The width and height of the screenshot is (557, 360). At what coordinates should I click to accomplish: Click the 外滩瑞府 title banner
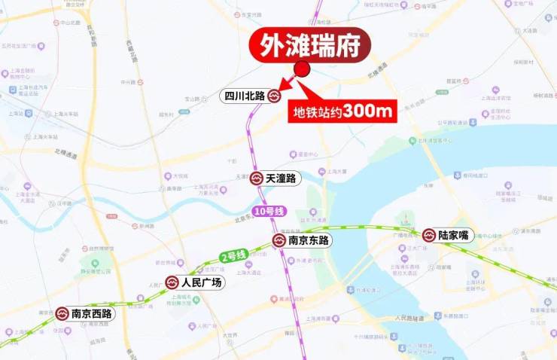click(311, 46)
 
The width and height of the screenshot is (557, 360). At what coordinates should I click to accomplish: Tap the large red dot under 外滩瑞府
click(303, 69)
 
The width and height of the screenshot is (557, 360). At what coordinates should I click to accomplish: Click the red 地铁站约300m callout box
click(343, 111)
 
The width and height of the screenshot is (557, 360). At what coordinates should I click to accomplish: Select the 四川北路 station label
click(245, 96)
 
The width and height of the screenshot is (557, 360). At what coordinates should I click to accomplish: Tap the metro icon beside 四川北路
click(274, 96)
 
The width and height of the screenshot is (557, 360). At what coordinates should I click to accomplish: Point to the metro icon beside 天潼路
click(257, 178)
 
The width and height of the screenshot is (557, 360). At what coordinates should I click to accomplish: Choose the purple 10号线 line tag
click(269, 212)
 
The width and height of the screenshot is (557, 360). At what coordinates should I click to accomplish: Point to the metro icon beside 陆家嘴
click(429, 235)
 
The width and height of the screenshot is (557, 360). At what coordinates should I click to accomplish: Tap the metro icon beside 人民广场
click(172, 282)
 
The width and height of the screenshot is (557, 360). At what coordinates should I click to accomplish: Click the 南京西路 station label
click(91, 313)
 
